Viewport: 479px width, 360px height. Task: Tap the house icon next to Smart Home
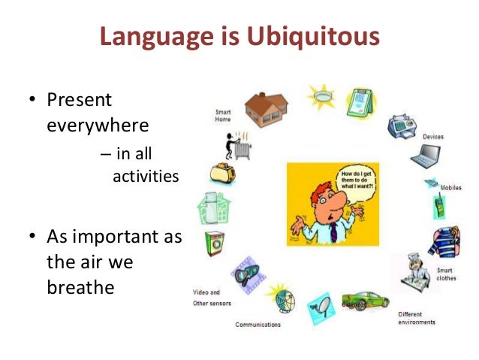265,109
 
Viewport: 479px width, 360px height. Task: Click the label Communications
258,325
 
